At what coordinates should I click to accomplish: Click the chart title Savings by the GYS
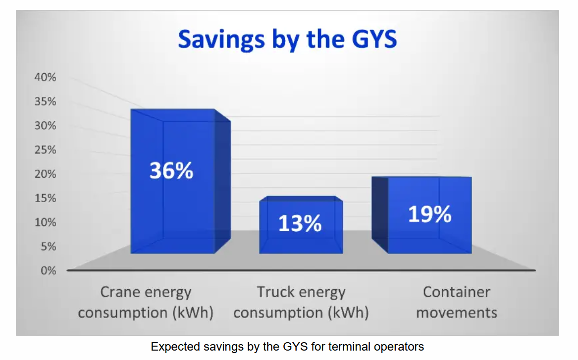click(x=288, y=40)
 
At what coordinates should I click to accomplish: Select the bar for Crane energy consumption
click(x=181, y=181)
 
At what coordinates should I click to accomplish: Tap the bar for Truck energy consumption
click(x=301, y=225)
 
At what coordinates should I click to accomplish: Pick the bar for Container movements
click(x=421, y=215)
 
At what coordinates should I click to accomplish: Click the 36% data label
click(x=171, y=171)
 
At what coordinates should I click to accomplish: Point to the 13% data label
click(x=300, y=223)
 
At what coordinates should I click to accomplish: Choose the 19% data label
click(x=430, y=214)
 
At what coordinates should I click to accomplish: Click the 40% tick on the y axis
click(x=46, y=77)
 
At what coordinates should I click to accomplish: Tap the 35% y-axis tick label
click(x=46, y=102)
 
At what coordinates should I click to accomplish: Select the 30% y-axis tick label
click(x=46, y=126)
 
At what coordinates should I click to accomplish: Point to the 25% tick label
click(x=46, y=150)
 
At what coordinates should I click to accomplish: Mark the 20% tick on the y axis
click(x=46, y=174)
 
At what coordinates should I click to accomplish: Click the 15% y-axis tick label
click(x=46, y=198)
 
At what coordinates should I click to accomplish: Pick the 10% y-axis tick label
click(x=46, y=222)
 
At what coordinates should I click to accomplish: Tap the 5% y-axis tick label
click(x=48, y=247)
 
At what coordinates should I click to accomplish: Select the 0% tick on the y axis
click(x=48, y=271)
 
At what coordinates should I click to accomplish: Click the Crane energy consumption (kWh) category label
click(x=146, y=302)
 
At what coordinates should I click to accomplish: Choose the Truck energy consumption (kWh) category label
click(x=301, y=302)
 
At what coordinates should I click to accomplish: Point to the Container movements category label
click(x=457, y=302)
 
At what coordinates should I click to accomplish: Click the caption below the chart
click(x=288, y=347)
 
